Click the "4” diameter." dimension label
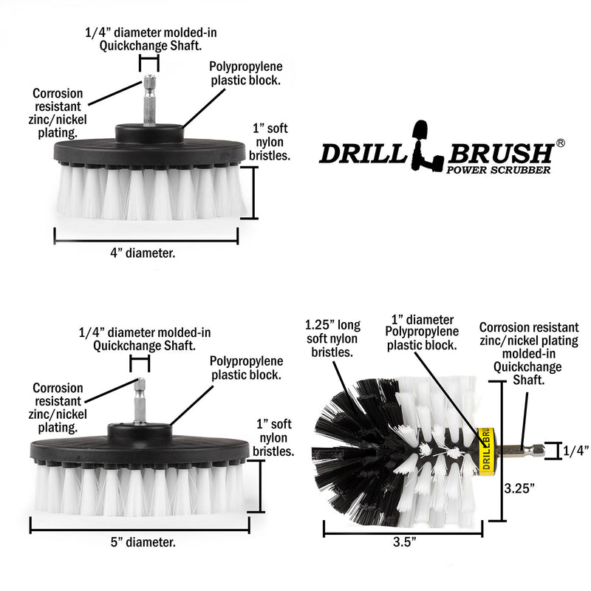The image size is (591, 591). coord(146,253)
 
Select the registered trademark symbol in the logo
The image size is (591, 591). coord(560,142)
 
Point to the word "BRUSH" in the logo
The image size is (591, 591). coord(499,153)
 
